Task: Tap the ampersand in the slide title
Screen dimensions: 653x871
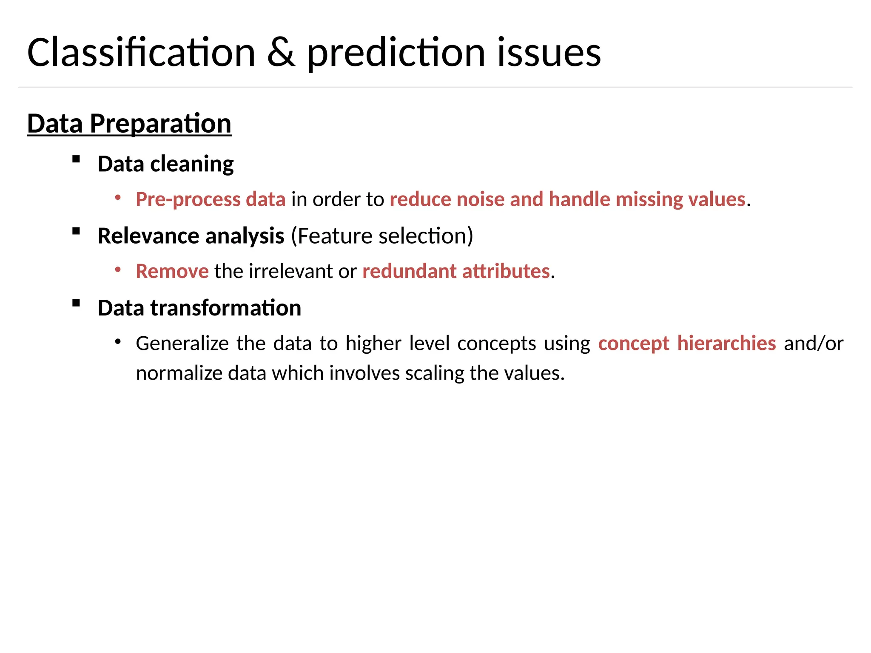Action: pos(281,53)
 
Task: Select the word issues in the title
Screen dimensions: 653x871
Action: pos(549,53)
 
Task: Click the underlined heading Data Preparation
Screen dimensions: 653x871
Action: pos(129,124)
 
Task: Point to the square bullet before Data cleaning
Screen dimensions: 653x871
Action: pos(76,159)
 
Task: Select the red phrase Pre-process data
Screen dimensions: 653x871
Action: pos(211,199)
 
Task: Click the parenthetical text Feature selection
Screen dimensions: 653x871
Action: pos(382,236)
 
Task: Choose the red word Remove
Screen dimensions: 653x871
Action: pos(172,271)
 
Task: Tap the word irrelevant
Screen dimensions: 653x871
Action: pos(291,271)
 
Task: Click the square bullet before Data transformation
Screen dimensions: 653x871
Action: pos(76,303)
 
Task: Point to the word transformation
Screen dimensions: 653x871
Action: pos(226,308)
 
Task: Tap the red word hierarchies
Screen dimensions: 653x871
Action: pos(726,344)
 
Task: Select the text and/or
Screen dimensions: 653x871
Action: pos(814,344)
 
